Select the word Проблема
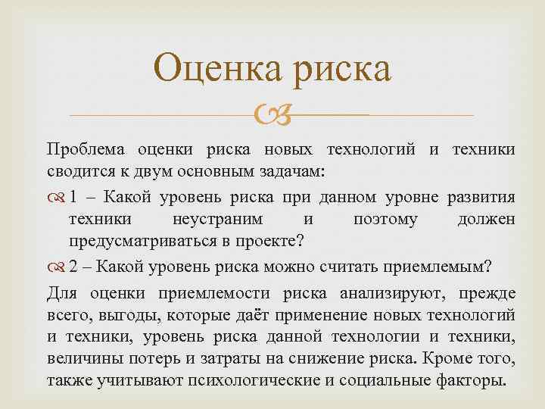click(85, 150)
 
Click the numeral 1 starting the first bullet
click(73, 198)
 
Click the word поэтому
click(385, 219)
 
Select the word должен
click(487, 219)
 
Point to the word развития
click(480, 198)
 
